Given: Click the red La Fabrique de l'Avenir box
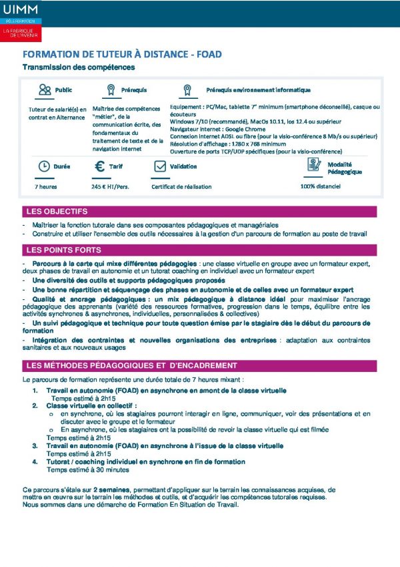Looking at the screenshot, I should (21, 33).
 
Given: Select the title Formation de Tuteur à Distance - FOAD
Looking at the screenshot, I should (122, 54).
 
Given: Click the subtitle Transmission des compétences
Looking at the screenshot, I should (79, 67).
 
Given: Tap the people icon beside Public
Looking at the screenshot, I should (45, 90).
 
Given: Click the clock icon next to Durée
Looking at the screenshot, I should (43, 166).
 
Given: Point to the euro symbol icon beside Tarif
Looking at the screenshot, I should (99, 166).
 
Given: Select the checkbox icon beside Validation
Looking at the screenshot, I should (159, 166).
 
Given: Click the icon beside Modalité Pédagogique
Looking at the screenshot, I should (314, 165).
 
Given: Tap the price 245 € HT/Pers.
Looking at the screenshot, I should (110, 187).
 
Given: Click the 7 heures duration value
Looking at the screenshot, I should (46, 187).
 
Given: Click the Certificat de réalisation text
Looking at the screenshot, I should (181, 187).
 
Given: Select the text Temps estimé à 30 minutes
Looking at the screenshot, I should (83, 469).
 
